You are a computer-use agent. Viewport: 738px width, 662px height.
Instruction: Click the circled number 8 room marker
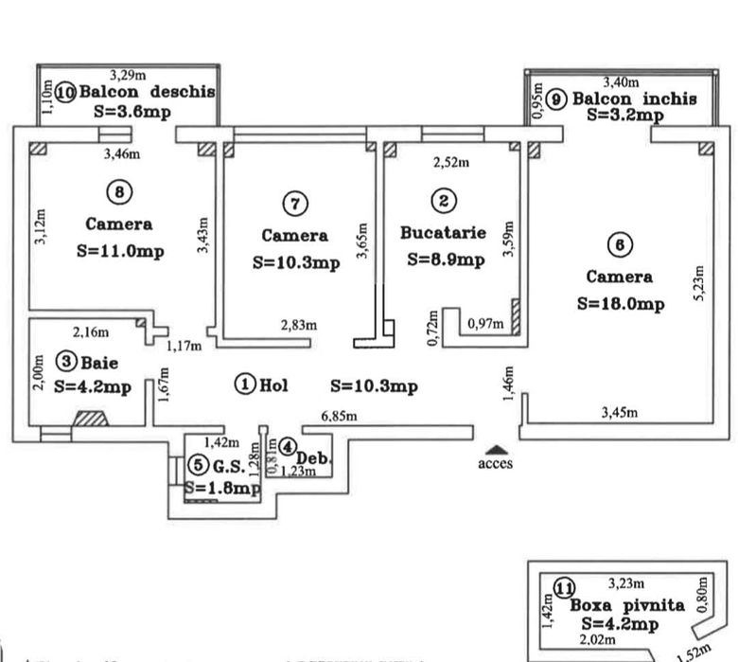118,192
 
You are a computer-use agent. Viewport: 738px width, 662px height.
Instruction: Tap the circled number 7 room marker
295,203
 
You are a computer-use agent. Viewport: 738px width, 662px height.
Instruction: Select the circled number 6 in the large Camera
619,244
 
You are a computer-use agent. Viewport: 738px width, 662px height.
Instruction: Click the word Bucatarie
443,231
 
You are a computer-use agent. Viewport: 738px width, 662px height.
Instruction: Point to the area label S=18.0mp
620,304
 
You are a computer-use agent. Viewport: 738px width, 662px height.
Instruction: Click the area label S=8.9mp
445,259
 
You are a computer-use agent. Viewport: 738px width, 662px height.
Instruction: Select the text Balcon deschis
147,93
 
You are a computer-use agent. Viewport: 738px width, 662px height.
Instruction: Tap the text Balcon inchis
634,98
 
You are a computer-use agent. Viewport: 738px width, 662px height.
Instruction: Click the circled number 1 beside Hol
245,385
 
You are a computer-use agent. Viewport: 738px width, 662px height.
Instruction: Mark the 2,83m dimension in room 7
298,325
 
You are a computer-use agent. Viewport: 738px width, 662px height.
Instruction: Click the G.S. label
228,466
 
